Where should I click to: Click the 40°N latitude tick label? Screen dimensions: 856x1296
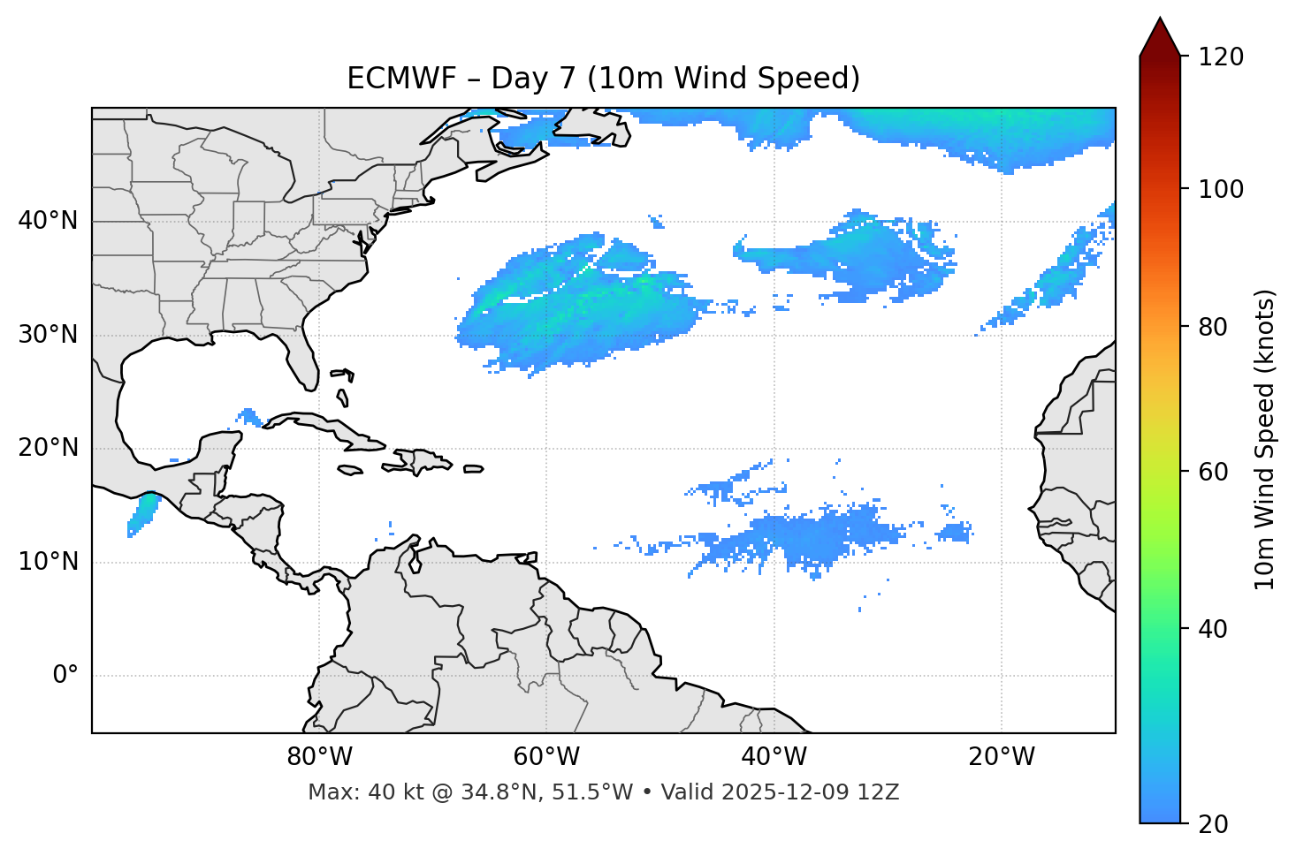(48, 221)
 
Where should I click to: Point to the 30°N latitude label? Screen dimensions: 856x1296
(48, 335)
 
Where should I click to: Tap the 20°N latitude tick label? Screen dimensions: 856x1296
(48, 448)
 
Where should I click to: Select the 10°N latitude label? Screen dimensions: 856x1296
(48, 562)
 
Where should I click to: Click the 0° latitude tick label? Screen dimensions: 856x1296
(65, 676)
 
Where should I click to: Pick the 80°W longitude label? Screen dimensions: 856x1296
(319, 757)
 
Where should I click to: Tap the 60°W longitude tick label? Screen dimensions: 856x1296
(546, 757)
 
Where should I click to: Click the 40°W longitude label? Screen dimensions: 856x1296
(774, 757)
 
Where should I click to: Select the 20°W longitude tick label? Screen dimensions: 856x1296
(1001, 757)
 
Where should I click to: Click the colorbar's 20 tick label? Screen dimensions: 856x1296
(1214, 824)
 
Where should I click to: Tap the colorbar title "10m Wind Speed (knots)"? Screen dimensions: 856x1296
(1265, 440)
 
